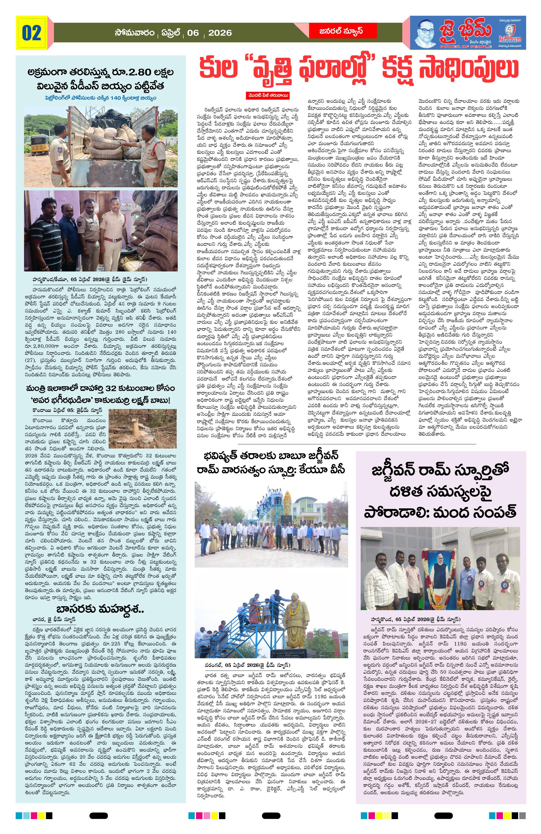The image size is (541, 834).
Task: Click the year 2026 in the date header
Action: click(220, 33)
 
